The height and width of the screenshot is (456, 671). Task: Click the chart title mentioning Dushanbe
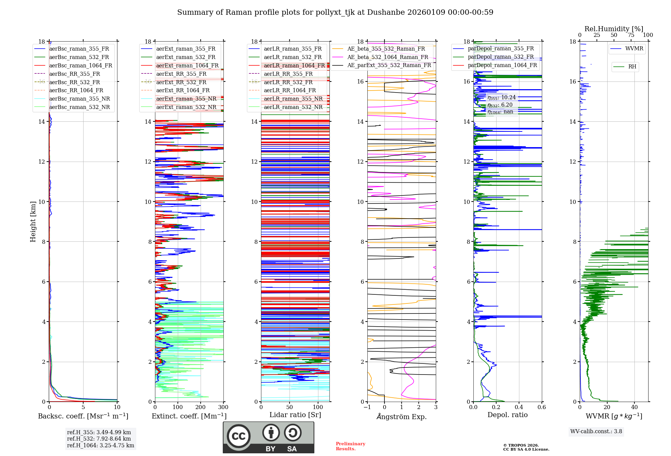click(335, 12)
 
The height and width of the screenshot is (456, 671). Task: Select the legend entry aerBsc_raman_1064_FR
click(81, 65)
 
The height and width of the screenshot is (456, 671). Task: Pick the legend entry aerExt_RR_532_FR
click(181, 82)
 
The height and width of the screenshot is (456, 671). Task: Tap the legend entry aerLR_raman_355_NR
click(293, 99)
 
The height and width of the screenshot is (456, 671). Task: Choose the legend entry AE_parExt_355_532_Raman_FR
click(389, 65)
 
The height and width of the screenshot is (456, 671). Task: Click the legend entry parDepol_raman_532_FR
click(501, 57)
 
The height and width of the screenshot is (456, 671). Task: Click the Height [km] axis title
click(33, 221)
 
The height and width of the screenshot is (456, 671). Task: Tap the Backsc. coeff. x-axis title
click(83, 416)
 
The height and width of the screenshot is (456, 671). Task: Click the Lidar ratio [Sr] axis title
click(295, 415)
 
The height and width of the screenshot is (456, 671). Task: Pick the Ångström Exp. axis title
click(402, 416)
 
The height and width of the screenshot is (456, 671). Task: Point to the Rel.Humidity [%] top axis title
click(614, 29)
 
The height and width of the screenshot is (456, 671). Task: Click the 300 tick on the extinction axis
click(223, 407)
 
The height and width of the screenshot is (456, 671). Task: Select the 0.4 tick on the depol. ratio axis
click(519, 407)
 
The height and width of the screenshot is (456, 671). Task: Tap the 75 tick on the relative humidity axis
click(631, 35)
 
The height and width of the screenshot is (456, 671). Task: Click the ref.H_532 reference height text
click(99, 439)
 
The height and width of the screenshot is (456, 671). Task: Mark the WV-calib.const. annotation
click(596, 432)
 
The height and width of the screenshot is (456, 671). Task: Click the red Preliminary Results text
click(350, 446)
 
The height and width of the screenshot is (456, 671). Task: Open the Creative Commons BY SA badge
click(268, 438)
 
